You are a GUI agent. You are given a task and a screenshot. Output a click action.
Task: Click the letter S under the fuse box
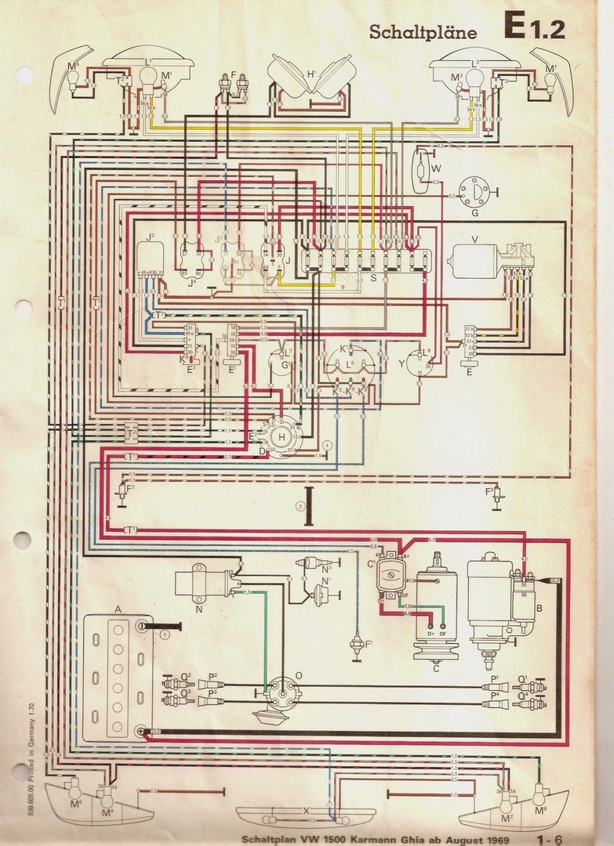[373, 277]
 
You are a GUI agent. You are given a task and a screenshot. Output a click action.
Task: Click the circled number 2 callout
[299, 506]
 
